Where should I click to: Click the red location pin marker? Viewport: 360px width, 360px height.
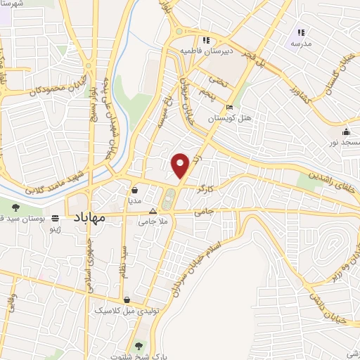coord(180,165)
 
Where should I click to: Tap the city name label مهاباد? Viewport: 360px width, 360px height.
coord(88,218)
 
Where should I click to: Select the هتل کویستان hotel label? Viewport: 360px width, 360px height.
coord(210,120)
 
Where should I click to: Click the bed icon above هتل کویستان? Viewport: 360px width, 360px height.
coord(229,108)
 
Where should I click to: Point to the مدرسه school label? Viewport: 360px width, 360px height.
coord(301,44)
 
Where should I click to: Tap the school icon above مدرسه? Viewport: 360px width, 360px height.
coord(301,32)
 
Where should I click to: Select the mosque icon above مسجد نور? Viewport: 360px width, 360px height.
coord(345,132)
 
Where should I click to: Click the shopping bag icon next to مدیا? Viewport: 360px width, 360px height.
coord(134,189)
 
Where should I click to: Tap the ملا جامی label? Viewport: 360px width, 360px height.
coord(153,222)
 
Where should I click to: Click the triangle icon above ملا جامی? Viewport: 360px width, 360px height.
coord(153,211)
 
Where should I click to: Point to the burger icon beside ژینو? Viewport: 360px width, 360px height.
coord(56,218)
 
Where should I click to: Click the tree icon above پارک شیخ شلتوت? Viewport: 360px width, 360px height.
coord(139,345)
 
